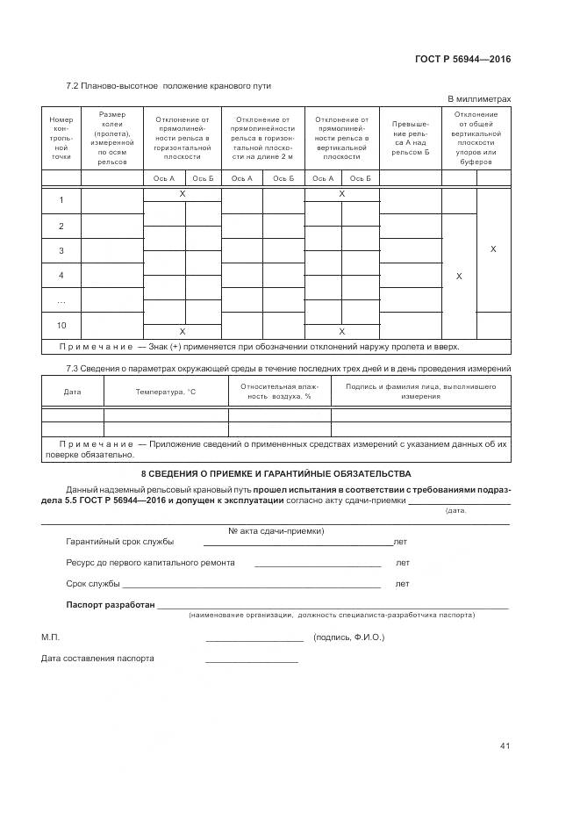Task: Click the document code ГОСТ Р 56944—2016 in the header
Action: [462, 60]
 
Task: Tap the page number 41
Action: [505, 745]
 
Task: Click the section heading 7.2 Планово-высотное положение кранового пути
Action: [168, 86]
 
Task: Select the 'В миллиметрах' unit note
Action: [479, 99]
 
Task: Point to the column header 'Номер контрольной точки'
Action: [61, 137]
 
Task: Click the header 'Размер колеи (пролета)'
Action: [112, 138]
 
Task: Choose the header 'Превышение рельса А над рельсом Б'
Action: [411, 138]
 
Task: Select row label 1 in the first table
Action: [61, 201]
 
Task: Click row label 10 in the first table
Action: [61, 324]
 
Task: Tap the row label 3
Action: [61, 251]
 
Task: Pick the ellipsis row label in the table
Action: [61, 300]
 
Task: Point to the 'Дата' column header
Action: [72, 392]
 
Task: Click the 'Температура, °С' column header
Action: [166, 392]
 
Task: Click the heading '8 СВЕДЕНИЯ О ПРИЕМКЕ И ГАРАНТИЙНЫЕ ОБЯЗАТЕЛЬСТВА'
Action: [276, 474]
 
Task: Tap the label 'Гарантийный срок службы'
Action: [119, 542]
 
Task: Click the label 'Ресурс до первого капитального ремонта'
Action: [150, 563]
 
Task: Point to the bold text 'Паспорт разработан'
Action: [111, 605]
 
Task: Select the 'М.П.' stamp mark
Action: [51, 637]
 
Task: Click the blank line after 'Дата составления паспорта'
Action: [252, 659]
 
